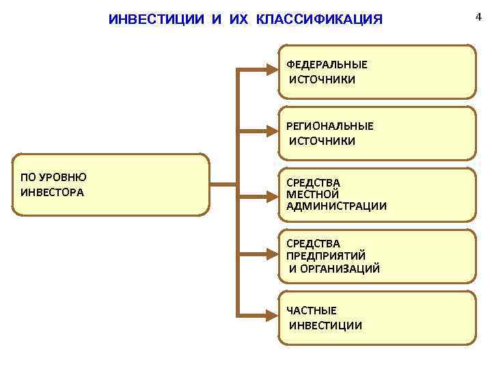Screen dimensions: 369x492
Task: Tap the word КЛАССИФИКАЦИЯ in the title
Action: point(319,19)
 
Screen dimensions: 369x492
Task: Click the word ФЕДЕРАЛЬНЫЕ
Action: point(327,64)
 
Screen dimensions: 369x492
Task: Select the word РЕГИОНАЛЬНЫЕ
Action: point(330,126)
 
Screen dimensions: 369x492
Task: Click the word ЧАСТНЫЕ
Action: point(312,311)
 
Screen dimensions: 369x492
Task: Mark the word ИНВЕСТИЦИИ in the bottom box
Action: point(326,325)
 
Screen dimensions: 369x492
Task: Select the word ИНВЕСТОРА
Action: point(53,192)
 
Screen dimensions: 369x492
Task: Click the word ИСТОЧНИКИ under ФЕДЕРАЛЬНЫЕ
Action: point(323,79)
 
